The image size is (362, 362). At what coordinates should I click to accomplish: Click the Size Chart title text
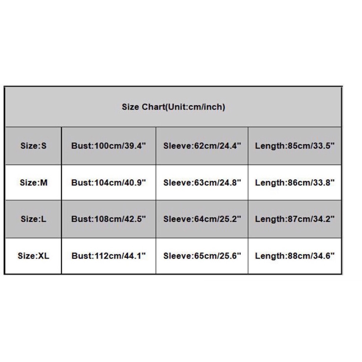click(x=173, y=107)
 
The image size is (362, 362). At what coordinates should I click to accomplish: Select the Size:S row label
click(x=33, y=146)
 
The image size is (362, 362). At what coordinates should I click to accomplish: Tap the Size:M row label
click(x=34, y=182)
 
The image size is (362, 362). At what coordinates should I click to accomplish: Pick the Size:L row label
click(x=33, y=219)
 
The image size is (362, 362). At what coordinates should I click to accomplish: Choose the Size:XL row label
click(x=33, y=256)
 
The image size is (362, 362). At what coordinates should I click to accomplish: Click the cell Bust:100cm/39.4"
click(x=109, y=146)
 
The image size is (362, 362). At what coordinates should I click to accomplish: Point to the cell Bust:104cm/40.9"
click(x=109, y=182)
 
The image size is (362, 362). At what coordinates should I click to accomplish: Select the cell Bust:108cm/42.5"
click(x=109, y=219)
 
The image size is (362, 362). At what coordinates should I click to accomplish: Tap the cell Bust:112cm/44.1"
click(x=109, y=256)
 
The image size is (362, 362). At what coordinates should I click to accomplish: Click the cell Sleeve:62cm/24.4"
click(x=202, y=146)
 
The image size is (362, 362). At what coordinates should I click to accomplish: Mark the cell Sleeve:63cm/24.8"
click(x=202, y=182)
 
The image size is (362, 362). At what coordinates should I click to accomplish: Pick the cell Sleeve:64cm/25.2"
click(x=202, y=219)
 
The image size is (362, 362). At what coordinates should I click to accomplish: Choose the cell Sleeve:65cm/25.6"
click(x=202, y=256)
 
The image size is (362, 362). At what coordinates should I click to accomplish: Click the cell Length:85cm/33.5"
click(x=295, y=146)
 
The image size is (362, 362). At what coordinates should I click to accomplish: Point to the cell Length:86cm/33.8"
click(x=295, y=182)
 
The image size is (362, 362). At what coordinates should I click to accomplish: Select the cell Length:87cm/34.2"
click(x=295, y=219)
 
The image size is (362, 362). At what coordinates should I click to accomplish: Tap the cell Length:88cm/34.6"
click(x=295, y=256)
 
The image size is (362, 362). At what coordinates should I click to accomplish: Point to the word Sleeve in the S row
click(x=177, y=146)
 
